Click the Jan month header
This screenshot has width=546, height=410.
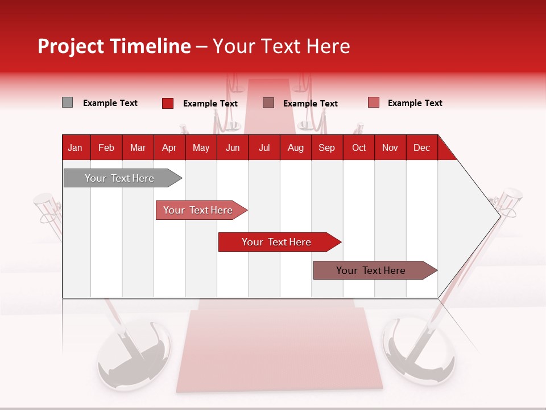76,147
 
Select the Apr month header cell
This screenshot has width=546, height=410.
169,147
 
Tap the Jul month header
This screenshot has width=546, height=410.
264,147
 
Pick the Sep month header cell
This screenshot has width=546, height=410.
327,147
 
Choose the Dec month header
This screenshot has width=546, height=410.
421,147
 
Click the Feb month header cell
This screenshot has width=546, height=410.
106,147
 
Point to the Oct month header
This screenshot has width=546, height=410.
359,147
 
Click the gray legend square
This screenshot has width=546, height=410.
67,102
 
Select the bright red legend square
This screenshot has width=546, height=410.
168,103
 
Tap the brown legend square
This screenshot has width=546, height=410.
268,102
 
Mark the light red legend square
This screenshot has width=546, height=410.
374,102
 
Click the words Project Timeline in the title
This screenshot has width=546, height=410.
114,46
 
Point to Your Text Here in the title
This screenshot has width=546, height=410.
282,46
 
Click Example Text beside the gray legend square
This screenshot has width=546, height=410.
110,103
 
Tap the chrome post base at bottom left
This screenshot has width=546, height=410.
134,356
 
